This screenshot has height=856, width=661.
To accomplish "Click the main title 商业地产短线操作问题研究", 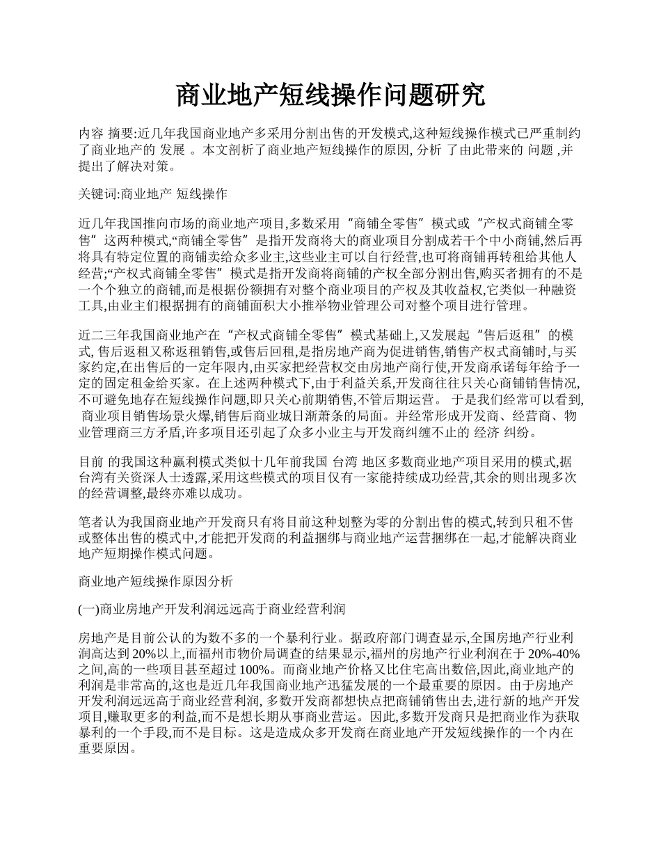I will (330, 95).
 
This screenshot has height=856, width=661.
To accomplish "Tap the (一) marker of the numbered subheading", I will (90, 610).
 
